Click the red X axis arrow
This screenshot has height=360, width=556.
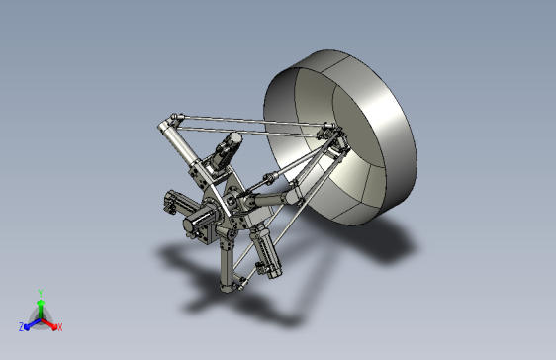coord(50,322)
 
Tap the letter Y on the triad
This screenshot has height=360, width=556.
coord(40,292)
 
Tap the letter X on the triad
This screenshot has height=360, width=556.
coord(59,326)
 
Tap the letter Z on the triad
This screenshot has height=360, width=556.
coord(21,326)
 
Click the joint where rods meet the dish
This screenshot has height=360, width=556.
coord(327,133)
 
